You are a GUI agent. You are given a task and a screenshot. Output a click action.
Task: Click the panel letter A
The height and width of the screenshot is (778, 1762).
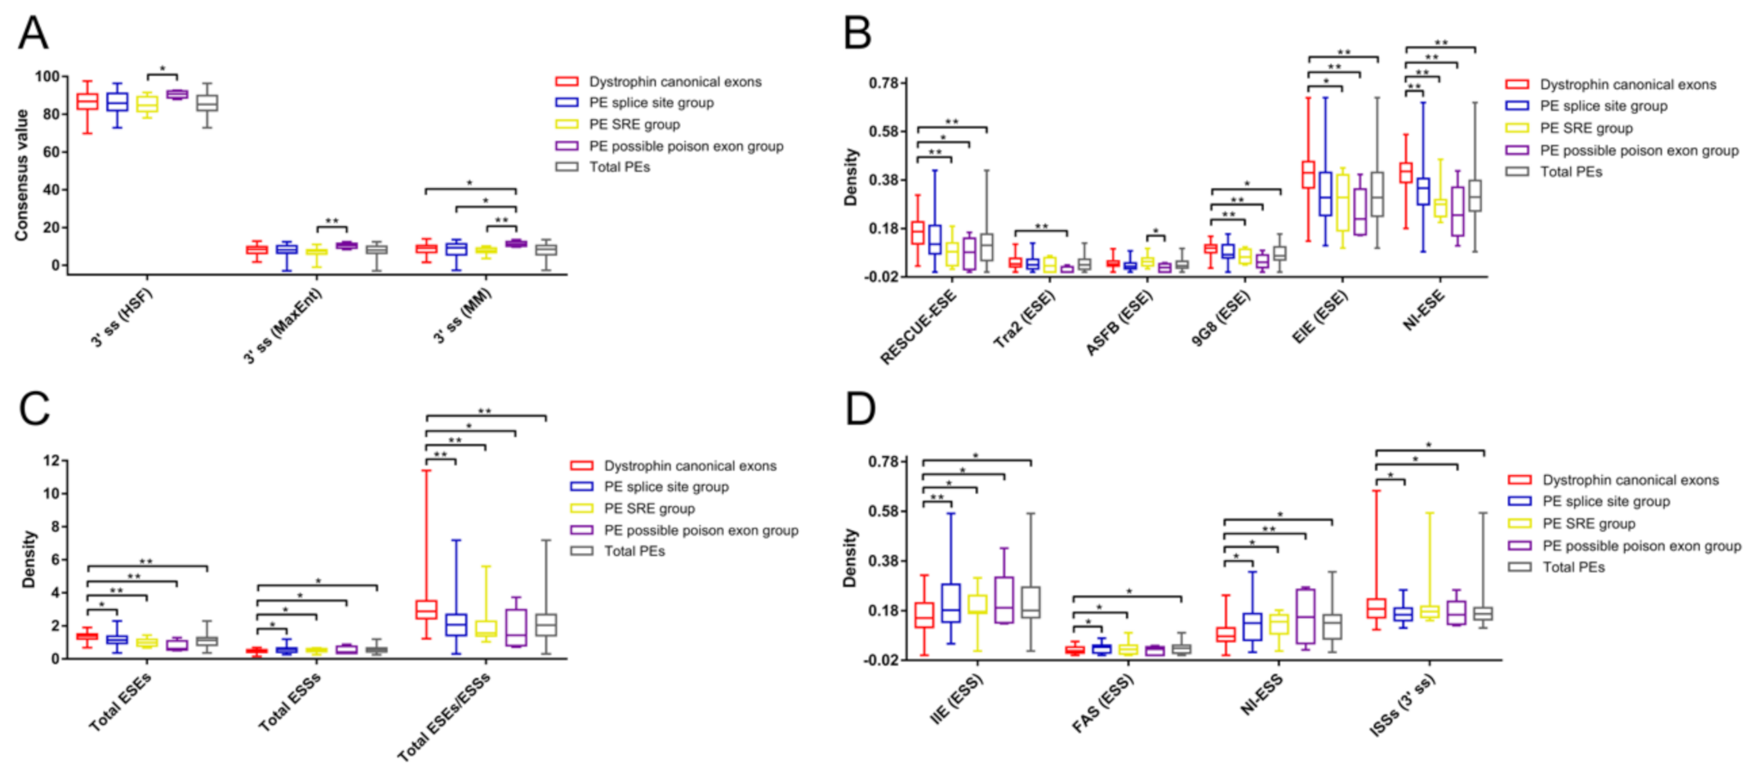tap(33, 33)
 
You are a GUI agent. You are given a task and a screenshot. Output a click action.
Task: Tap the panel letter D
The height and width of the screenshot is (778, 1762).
tap(860, 408)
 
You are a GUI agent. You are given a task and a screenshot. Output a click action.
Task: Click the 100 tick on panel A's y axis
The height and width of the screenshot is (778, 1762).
tap(47, 77)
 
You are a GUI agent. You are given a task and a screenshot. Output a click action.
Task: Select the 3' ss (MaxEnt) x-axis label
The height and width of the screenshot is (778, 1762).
tap(283, 326)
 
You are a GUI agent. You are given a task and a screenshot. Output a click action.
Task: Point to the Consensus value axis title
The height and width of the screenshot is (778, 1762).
tap(21, 175)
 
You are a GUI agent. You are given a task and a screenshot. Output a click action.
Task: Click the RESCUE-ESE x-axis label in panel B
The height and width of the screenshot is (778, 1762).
tap(918, 327)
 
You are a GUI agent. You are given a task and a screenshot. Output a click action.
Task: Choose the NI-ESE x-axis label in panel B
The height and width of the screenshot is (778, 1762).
tap(1424, 311)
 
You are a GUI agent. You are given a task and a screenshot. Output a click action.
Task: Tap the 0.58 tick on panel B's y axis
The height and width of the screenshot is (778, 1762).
tap(883, 131)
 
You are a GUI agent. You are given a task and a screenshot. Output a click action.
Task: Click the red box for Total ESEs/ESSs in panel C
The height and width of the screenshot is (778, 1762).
tap(425, 609)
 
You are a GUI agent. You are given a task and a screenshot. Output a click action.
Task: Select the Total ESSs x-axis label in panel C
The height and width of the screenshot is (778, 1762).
tap(289, 702)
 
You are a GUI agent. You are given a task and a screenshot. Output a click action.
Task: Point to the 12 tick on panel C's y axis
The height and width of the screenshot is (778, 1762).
tap(51, 460)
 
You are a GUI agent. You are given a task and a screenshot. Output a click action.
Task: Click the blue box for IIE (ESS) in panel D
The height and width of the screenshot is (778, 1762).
tap(950, 602)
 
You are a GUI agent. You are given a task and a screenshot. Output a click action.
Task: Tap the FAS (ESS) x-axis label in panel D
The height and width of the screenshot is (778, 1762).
tap(1102, 704)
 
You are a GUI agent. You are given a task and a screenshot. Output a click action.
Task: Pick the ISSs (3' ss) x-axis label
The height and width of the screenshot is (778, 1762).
tap(1401, 706)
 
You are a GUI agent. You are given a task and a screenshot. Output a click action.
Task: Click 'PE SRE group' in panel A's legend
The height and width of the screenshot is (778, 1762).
tap(634, 124)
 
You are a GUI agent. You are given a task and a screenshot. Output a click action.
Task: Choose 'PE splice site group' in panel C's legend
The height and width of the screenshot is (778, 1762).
tap(665, 487)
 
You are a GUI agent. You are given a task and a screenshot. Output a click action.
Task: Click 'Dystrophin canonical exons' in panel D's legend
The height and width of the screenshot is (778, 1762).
tap(1630, 480)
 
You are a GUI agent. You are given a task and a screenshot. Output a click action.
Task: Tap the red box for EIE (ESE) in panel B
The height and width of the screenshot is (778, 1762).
tap(1308, 175)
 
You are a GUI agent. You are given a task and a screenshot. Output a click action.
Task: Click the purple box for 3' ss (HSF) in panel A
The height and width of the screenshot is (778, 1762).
tap(177, 94)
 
